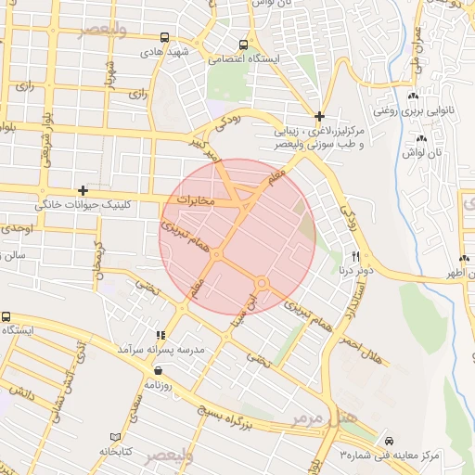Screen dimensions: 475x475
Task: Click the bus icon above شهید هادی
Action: pyautogui.click(x=164, y=38)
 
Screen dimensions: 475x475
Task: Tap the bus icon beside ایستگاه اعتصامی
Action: pyautogui.click(x=243, y=44)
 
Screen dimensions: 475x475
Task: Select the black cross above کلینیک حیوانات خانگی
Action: pyautogui.click(x=83, y=190)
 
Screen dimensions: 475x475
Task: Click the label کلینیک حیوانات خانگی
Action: pyautogui.click(x=84, y=204)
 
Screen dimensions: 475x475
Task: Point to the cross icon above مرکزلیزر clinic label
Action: pyautogui.click(x=320, y=117)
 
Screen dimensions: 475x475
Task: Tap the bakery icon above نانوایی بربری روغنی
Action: pyautogui.click(x=413, y=96)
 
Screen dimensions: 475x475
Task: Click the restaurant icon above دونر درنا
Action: pyautogui.click(x=355, y=255)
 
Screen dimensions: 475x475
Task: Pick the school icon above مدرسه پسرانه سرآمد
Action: pyautogui.click(x=160, y=335)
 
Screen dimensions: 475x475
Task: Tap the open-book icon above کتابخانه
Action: pyautogui.click(x=115, y=436)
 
